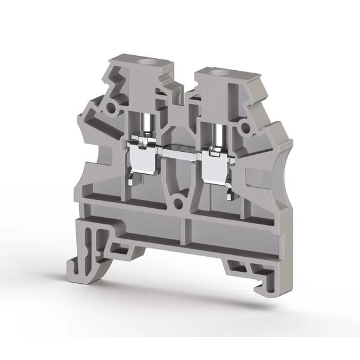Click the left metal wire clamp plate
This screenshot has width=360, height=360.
coord(143,160)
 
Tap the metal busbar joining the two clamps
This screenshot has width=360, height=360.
coord(179,148)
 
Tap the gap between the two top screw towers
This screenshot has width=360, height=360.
coord(178,90)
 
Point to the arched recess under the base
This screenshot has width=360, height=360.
coord(180,264)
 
